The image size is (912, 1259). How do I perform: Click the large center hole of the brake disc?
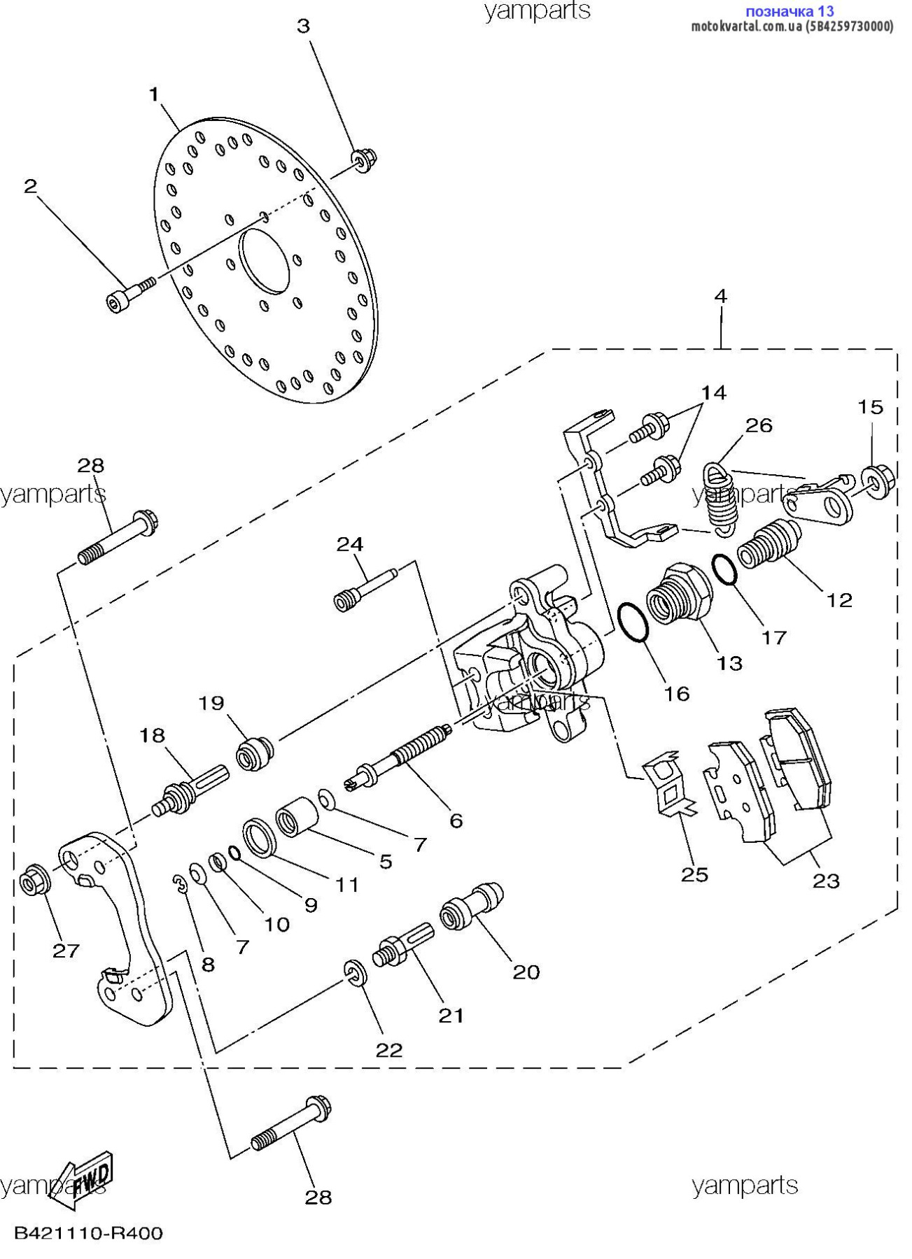265,260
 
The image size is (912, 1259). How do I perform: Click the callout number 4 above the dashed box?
720,297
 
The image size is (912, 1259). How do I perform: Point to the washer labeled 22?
355,974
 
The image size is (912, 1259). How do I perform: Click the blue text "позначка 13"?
789,11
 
